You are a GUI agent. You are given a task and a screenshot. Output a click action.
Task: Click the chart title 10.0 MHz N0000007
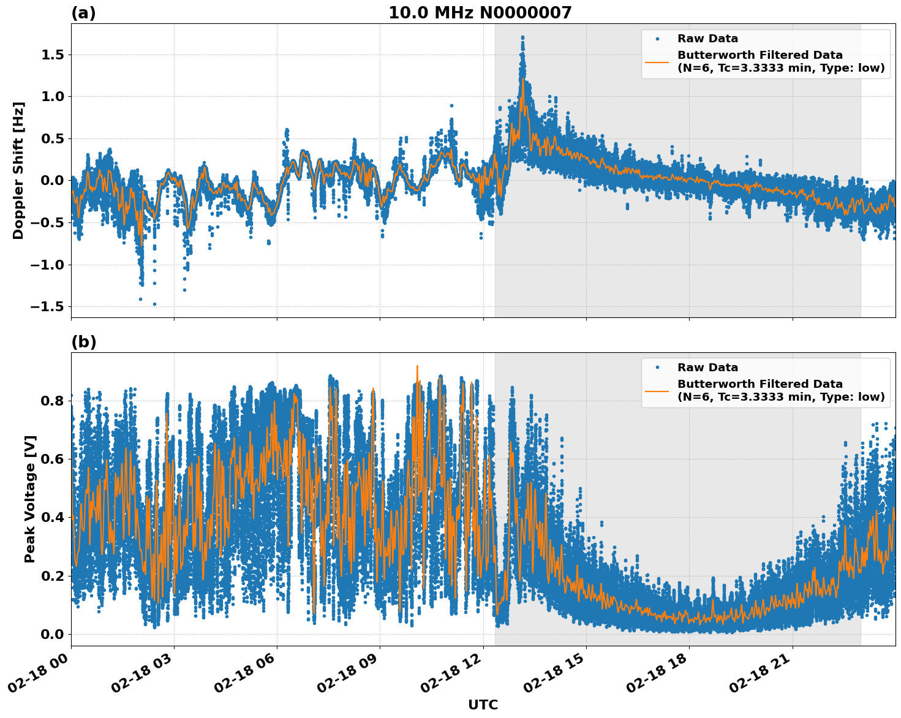(480, 13)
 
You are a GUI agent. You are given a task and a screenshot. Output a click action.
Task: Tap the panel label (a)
(83, 13)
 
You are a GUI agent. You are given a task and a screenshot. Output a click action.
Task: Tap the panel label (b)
(83, 342)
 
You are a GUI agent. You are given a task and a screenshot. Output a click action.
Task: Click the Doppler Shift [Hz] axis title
(18, 170)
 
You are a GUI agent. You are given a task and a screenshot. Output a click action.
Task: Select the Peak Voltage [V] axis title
(30, 499)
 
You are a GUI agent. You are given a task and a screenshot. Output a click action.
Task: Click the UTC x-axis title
(483, 705)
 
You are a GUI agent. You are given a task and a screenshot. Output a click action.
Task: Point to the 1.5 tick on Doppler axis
(53, 55)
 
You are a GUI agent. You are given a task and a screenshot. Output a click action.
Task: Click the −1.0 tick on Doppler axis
(49, 265)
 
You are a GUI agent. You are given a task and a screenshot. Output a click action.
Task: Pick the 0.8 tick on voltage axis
(53, 401)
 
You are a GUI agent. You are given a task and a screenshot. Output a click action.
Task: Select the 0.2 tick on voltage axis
(53, 576)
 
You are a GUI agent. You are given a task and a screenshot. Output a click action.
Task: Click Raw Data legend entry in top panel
(707, 39)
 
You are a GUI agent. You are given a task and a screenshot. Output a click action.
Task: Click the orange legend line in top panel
(657, 61)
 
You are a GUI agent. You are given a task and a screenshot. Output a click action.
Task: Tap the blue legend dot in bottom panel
(657, 368)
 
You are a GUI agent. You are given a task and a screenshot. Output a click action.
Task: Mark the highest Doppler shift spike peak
(522, 37)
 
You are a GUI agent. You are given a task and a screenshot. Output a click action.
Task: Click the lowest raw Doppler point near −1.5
(154, 304)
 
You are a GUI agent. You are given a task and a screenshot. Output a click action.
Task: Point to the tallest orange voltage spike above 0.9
(417, 366)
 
